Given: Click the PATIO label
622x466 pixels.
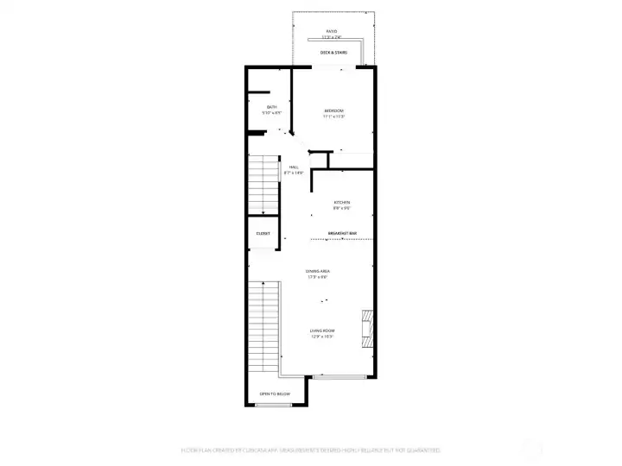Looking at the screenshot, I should [332, 32].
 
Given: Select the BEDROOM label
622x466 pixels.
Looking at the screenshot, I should [334, 110].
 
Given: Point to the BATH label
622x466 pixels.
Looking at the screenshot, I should [259, 107].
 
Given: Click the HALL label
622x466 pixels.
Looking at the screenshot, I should [294, 167].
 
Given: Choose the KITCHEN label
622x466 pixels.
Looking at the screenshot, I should [342, 203].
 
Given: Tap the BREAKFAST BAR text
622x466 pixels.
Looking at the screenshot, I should [342, 233].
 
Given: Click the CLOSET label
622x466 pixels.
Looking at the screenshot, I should [263, 233].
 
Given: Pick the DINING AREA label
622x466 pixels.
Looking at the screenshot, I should [318, 271].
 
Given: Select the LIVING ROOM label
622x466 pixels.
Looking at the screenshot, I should [322, 331].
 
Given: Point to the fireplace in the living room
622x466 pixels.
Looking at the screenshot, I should [368, 328].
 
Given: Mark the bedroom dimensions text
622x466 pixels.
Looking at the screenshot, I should [334, 116].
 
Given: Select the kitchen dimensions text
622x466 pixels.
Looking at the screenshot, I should [342, 209].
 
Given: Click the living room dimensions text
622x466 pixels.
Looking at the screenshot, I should [322, 337].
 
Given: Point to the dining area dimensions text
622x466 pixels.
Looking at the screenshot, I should [318, 277].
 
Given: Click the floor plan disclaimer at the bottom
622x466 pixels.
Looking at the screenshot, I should [311, 450].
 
